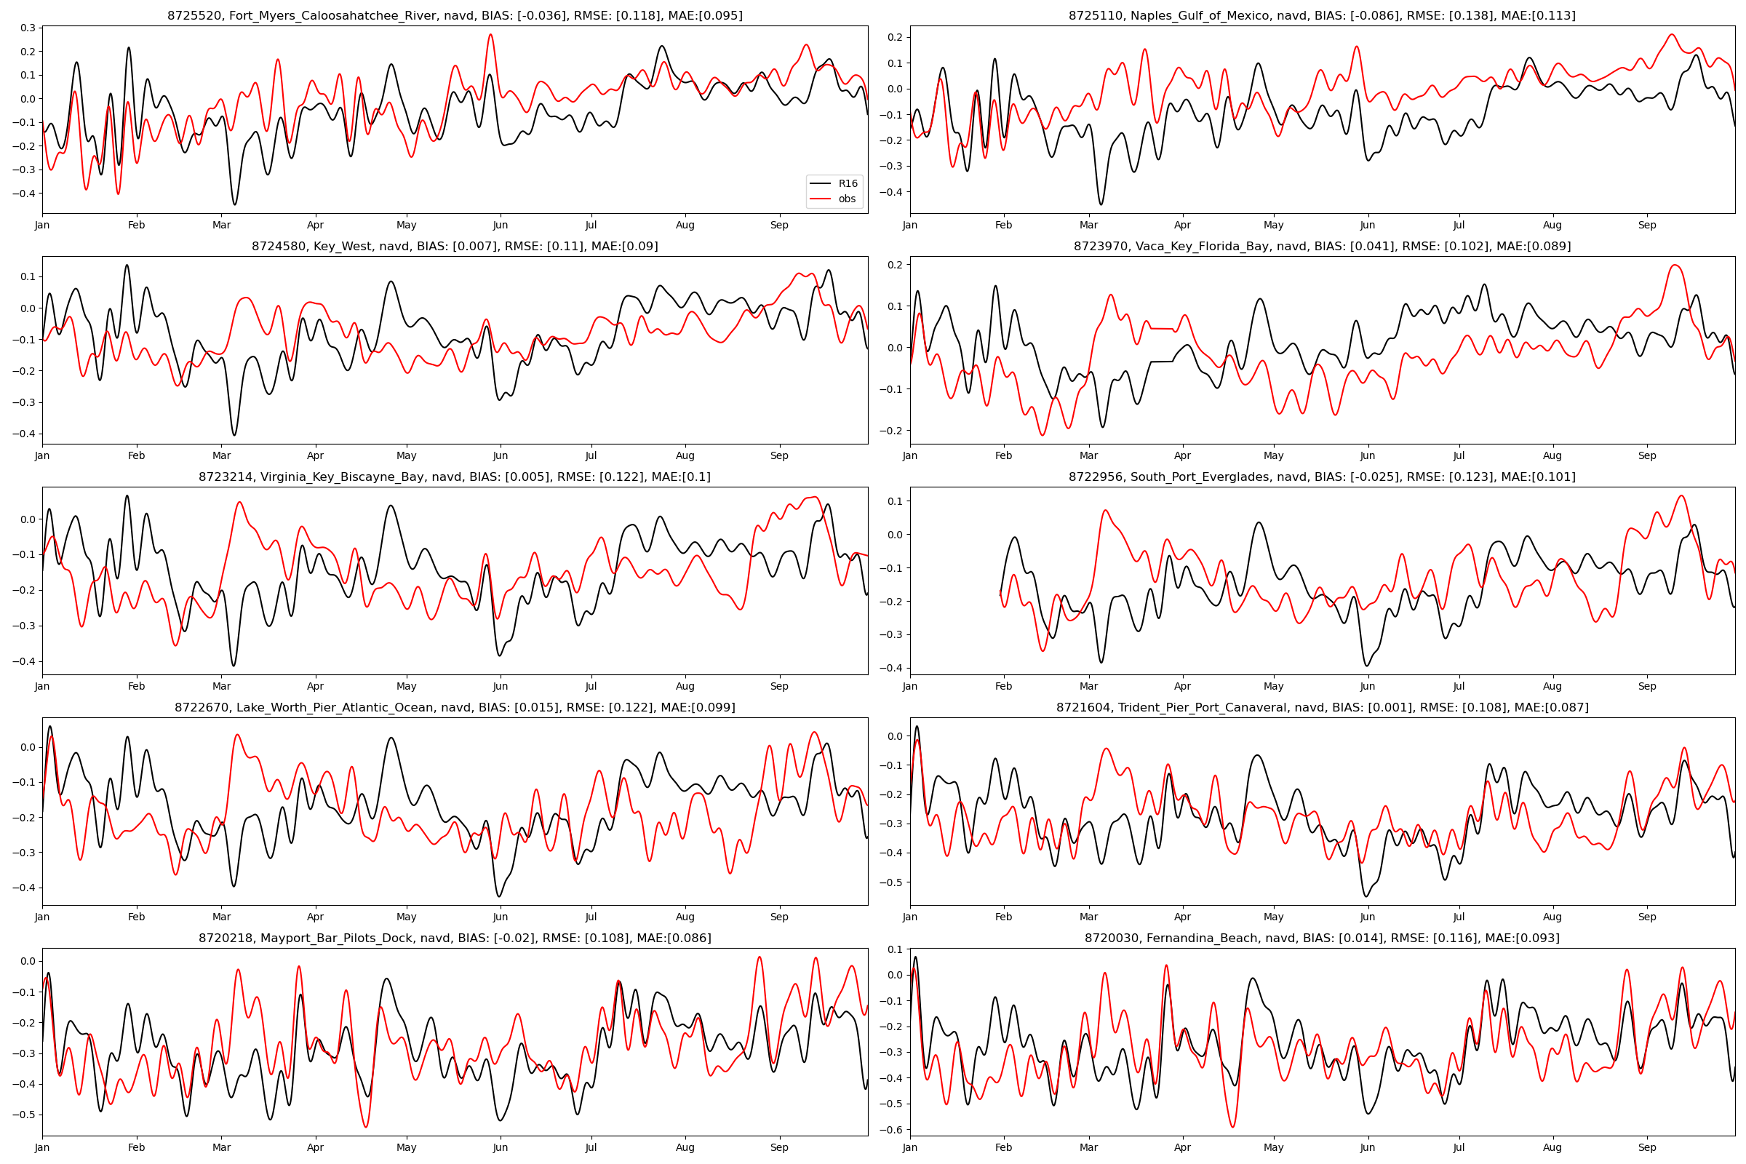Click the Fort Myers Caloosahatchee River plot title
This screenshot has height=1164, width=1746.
click(454, 15)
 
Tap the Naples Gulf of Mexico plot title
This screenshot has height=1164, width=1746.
click(1321, 15)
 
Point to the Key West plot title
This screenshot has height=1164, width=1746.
click(454, 247)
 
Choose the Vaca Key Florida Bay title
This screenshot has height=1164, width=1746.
click(1321, 247)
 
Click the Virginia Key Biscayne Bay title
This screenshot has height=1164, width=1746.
click(454, 477)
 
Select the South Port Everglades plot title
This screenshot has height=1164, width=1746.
click(1321, 477)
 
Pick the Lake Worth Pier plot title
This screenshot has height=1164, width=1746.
click(454, 707)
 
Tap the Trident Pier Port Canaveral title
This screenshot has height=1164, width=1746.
click(1321, 707)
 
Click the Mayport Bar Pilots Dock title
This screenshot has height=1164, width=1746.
click(454, 938)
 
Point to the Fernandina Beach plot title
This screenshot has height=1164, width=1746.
click(1321, 938)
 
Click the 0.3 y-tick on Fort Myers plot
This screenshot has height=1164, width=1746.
click(28, 28)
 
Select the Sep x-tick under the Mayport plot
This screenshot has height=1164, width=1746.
click(778, 1148)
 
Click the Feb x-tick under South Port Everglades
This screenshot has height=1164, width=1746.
click(1003, 687)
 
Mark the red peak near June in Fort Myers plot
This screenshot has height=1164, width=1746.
click(490, 35)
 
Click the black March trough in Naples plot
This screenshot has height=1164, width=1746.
click(1101, 204)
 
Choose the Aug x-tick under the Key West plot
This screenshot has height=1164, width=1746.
click(685, 456)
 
